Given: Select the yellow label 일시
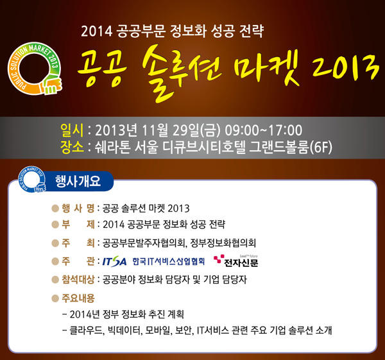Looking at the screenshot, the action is pos(72,130).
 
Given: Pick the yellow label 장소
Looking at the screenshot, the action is pos(72,147).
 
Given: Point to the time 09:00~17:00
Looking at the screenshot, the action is pos(264,130).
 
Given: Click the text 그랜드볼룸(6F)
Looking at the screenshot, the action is pos(291,148).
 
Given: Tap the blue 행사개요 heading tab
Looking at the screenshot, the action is pos(78,181).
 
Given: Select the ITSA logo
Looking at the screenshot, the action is pos(114,261).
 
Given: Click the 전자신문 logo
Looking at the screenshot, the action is pos(236,261).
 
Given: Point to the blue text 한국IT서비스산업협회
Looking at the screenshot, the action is pos(168,262).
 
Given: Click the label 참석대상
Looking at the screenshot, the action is pos(78,279).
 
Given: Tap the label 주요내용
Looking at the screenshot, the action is pos(78,298).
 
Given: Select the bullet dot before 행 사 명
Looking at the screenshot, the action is pos(55,209).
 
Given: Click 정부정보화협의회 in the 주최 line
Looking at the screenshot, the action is pos(223,243).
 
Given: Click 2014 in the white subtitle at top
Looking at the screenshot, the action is pos(96,31).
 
